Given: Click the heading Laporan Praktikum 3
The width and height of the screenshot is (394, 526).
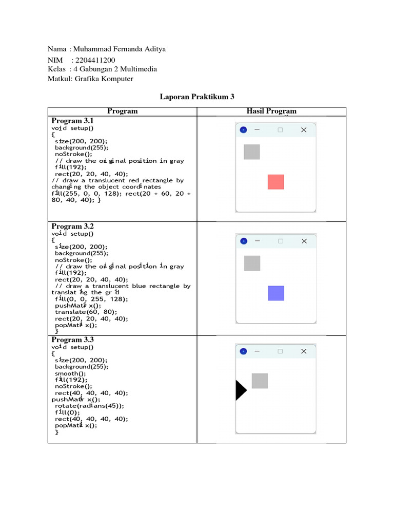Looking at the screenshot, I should coord(197,97).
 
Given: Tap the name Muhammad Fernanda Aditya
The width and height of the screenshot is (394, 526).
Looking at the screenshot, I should coord(120,49).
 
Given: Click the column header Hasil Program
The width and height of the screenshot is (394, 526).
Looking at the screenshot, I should coord(271,111).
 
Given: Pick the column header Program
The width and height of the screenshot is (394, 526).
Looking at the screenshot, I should coord(122,111).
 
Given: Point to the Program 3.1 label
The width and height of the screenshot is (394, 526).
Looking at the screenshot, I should coord(72,121).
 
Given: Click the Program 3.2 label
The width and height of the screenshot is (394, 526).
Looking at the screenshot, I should coord(72,226).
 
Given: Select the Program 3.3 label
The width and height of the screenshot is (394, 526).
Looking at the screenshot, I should coord(72,340).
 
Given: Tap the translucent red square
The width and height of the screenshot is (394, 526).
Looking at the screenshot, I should coord(275,182).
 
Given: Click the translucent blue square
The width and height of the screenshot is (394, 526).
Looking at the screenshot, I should coord(276,293).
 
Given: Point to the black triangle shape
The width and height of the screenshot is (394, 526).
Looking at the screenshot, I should coord(240,390).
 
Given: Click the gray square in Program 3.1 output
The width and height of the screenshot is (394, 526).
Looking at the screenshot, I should coord(251,152).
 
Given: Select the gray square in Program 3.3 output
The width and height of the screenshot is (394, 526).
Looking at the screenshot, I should coord(260,381).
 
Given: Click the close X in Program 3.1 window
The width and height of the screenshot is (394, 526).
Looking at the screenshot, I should coord(304,130).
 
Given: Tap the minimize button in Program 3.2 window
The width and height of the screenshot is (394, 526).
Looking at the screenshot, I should coord(257,241).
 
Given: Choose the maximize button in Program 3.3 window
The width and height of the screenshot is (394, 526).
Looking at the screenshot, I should coord(280,351).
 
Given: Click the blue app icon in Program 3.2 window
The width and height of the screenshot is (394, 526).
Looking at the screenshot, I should coord(244,241).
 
